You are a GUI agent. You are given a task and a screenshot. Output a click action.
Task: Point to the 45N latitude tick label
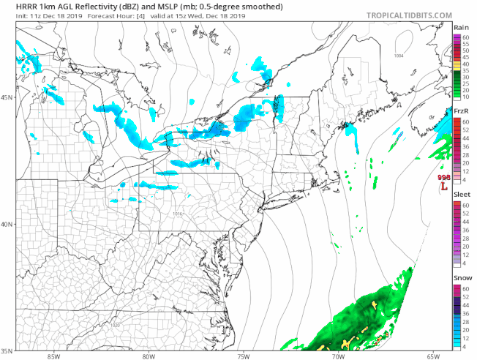click(7, 97)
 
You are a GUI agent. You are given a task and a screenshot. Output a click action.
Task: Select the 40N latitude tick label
click(7, 225)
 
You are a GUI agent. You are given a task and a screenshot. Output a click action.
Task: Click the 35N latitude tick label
click(7, 350)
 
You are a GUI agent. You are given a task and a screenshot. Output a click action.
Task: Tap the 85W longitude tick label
click(53, 356)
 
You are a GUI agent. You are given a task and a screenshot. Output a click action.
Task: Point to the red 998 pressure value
click(443, 178)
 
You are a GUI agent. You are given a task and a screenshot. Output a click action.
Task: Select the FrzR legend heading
click(461, 111)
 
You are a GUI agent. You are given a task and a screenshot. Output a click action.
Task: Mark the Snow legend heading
click(461, 280)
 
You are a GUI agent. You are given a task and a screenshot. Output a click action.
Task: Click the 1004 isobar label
click(398, 56)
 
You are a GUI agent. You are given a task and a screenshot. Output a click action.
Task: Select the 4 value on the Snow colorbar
click(464, 347)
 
